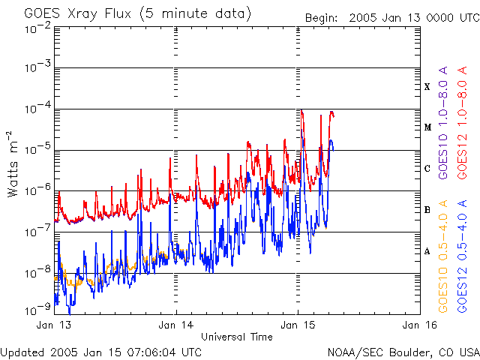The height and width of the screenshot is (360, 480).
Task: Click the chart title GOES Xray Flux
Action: pos(78,13)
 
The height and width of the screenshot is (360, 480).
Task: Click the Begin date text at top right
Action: pos(392,18)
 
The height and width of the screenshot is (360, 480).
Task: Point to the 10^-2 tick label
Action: pos(38,28)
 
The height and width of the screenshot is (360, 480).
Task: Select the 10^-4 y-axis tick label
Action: pos(38,108)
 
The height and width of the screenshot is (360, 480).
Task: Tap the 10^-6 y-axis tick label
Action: pos(38,190)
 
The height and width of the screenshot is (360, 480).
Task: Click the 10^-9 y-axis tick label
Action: pos(38,310)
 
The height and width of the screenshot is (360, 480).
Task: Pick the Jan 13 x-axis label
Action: pos(53,325)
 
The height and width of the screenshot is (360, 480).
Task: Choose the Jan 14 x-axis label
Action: pos(176,325)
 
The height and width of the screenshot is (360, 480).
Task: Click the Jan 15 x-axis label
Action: pos(298,325)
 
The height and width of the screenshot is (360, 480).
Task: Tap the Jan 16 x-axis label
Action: pos(420,325)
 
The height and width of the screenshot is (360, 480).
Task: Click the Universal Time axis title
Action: pos(237,337)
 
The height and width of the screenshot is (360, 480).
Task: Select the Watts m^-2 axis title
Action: pos(13,164)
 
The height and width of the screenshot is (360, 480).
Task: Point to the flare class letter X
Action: pos(427,87)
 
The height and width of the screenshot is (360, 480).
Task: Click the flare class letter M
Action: pos(427,127)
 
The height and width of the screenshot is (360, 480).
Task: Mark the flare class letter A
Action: pos(427,251)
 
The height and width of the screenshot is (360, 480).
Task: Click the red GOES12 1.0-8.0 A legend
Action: pos(463,123)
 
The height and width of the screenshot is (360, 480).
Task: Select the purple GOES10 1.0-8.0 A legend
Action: pos(443,123)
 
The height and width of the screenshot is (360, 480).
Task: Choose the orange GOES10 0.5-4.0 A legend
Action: pos(443,256)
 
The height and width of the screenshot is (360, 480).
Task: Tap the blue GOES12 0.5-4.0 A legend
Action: pos(463,256)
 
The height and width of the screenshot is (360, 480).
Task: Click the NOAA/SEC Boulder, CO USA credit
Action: pos(403,352)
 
